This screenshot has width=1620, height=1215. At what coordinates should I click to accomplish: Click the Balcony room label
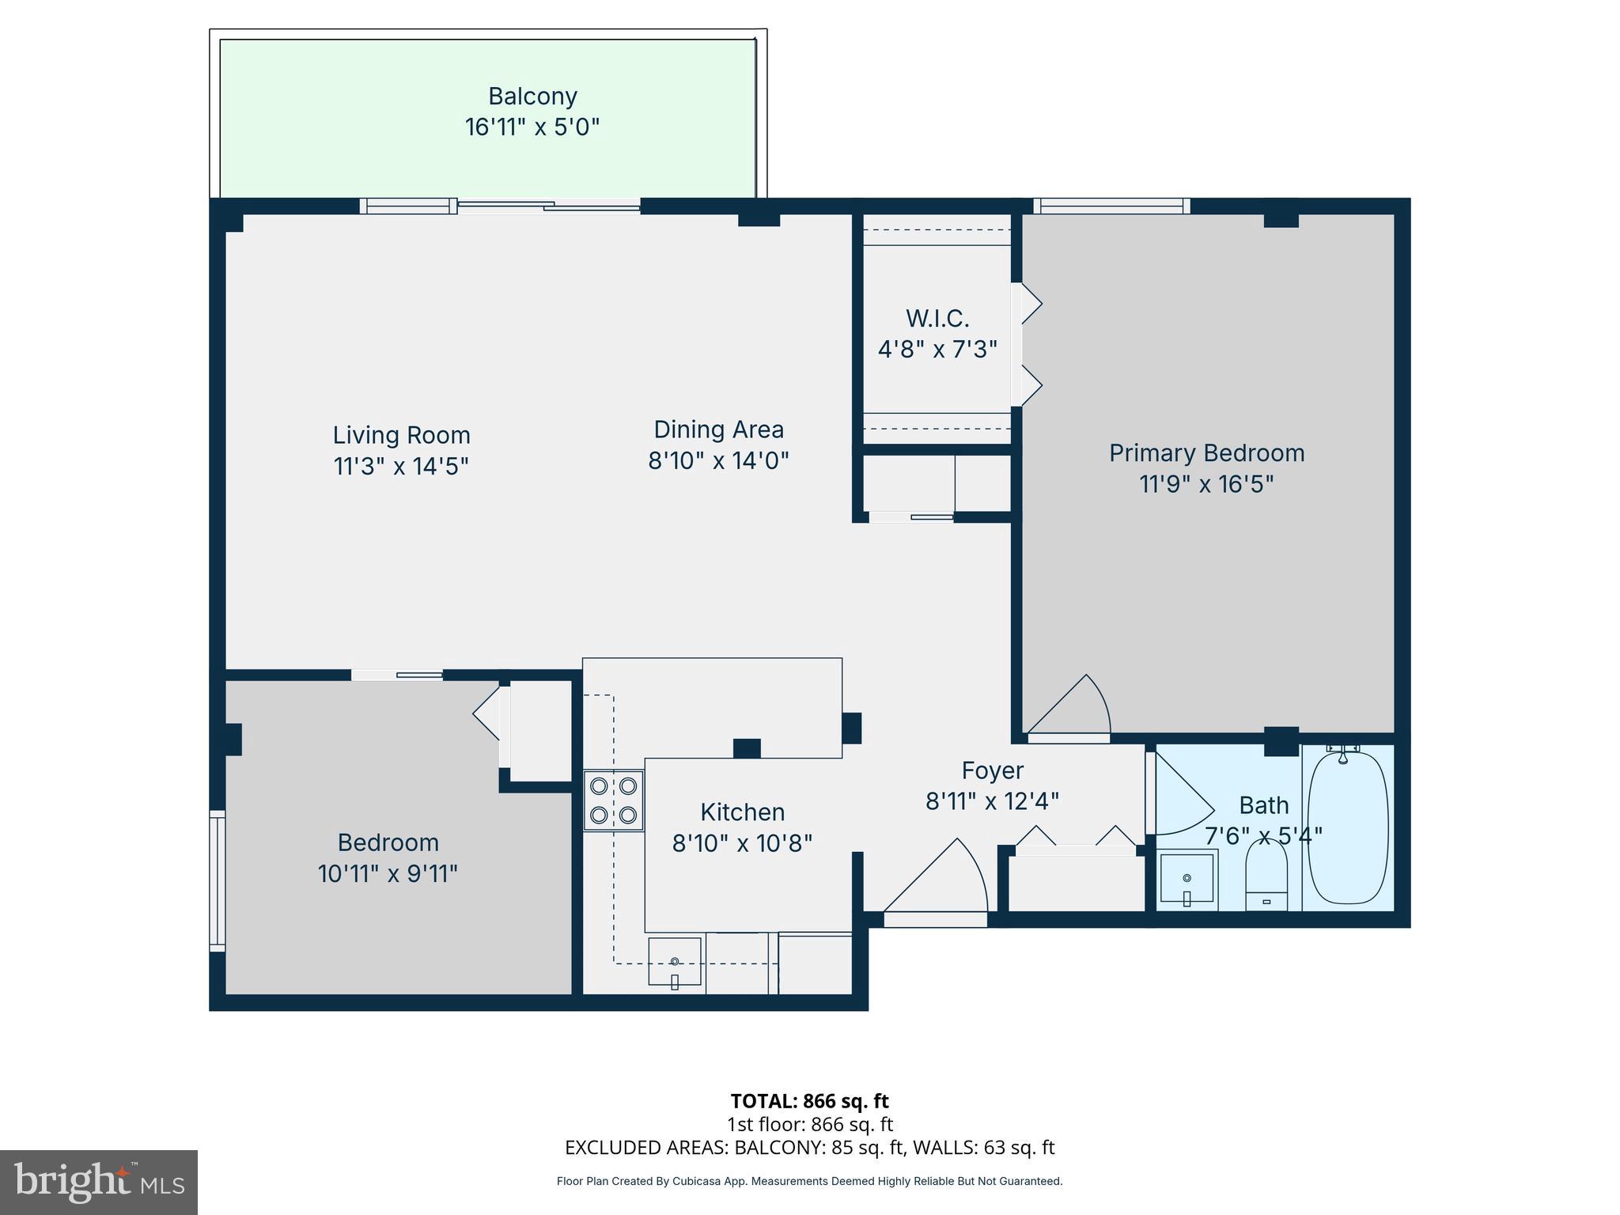(x=532, y=97)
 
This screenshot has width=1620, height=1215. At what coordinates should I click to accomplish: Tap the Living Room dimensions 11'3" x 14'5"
(x=401, y=466)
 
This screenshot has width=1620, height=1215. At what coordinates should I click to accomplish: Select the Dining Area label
(x=718, y=430)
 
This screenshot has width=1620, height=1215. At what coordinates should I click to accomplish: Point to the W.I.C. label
(x=937, y=319)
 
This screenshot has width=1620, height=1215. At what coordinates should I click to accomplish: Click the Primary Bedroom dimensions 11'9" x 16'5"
(x=1206, y=483)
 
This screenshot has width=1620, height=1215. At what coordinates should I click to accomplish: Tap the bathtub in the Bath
(x=1348, y=827)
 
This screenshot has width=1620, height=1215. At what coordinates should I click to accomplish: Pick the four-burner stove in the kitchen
(x=614, y=801)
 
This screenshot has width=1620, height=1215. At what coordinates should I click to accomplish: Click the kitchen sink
(x=675, y=962)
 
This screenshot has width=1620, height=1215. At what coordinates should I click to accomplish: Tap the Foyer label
(x=992, y=770)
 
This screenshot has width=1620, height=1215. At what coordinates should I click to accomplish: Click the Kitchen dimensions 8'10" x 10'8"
(x=742, y=844)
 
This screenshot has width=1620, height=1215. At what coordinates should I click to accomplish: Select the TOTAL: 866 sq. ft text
(x=809, y=1101)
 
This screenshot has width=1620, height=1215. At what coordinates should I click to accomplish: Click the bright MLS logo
(x=99, y=1182)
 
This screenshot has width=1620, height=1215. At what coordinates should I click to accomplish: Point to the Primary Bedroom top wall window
(x=1111, y=206)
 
